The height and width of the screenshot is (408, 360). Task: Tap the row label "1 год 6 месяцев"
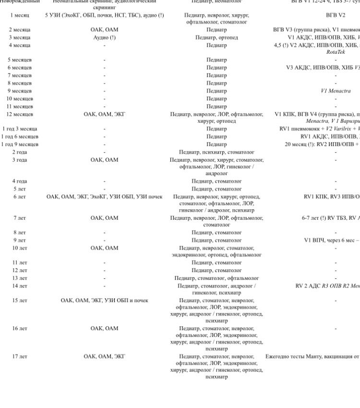tap(20, 136)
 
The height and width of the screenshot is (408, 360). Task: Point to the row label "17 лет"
tap(20, 356)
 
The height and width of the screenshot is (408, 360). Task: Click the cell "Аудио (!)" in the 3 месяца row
tap(104, 37)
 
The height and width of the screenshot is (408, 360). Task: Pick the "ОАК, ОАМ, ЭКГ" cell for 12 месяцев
tap(104, 114)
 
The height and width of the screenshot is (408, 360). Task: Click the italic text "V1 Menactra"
tap(336, 91)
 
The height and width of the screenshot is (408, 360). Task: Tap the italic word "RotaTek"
tap(336, 52)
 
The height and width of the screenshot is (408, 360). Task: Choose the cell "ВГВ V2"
tap(336, 15)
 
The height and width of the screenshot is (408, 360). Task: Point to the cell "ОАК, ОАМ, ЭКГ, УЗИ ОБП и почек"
tap(104, 300)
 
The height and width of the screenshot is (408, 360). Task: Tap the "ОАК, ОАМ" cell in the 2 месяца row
tap(104, 30)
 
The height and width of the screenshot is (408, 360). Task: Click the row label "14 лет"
tap(20, 286)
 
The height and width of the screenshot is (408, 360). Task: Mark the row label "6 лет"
tap(20, 196)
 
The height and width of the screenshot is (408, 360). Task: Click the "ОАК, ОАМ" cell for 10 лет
tap(104, 248)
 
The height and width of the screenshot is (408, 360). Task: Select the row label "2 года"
tap(20, 152)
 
